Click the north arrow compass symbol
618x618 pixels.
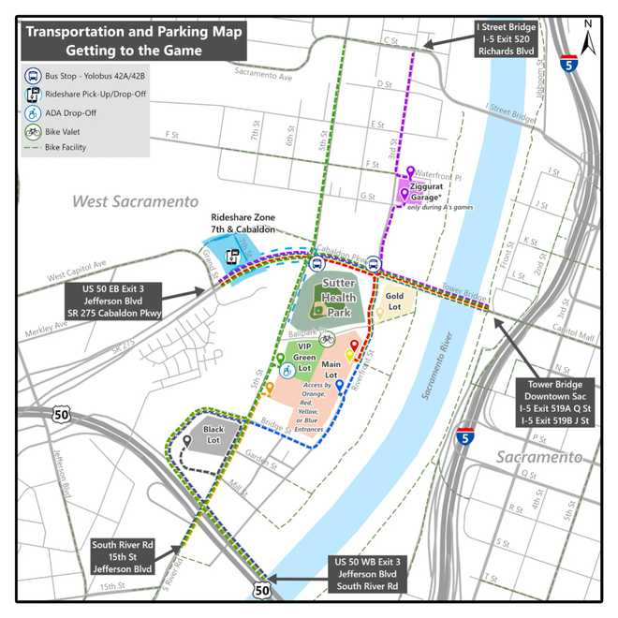coord(587,40)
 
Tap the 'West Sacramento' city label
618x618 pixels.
coord(136,201)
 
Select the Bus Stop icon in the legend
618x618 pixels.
coord(34,76)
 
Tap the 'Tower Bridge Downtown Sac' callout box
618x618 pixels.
coord(558,403)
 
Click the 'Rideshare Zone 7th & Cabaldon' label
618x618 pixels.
coord(243,223)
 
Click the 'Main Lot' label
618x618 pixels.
coord(330,364)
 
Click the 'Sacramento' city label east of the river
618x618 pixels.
coord(538,457)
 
